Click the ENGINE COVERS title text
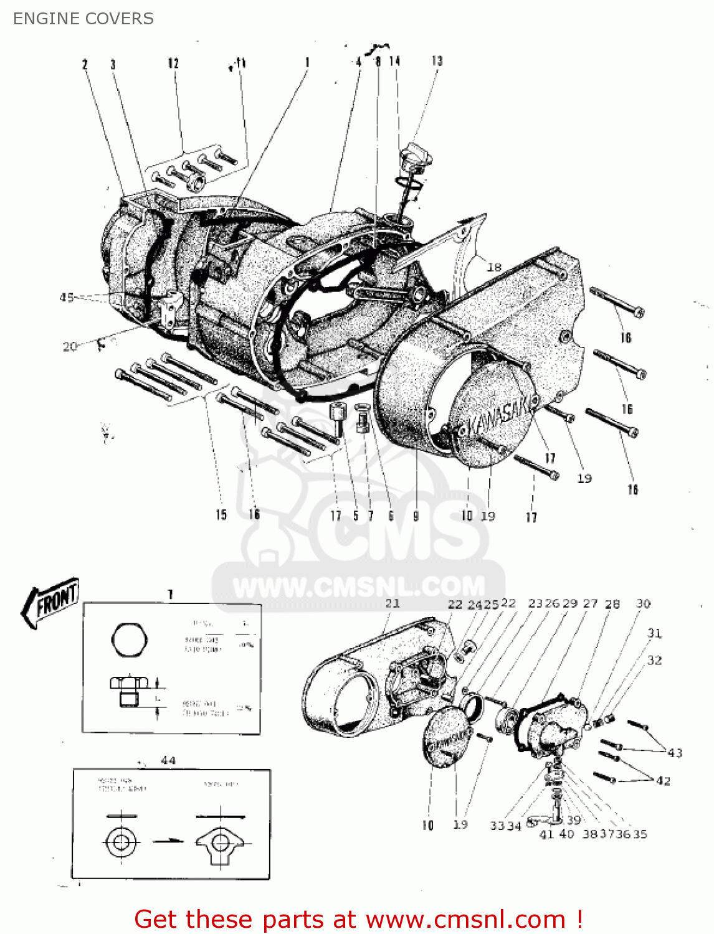pyautogui.click(x=83, y=19)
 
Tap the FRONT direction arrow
pyautogui.click(x=51, y=601)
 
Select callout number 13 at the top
pyautogui.click(x=437, y=61)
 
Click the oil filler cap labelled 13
pyautogui.click(x=416, y=155)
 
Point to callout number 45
pyautogui.click(x=67, y=298)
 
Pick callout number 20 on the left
pyautogui.click(x=70, y=346)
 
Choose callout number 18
pyautogui.click(x=494, y=267)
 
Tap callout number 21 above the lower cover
pyautogui.click(x=393, y=603)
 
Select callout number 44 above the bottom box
pyautogui.click(x=168, y=760)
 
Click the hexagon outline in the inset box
pyautogui.click(x=130, y=639)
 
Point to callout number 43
pyautogui.click(x=675, y=753)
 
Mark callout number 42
pyautogui.click(x=663, y=781)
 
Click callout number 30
pyautogui.click(x=643, y=603)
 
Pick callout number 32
pyautogui.click(x=654, y=660)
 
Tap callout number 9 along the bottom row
pyautogui.click(x=416, y=516)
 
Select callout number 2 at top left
pyautogui.click(x=85, y=64)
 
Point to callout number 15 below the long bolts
pyautogui.click(x=221, y=514)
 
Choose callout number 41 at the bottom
pyautogui.click(x=546, y=834)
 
